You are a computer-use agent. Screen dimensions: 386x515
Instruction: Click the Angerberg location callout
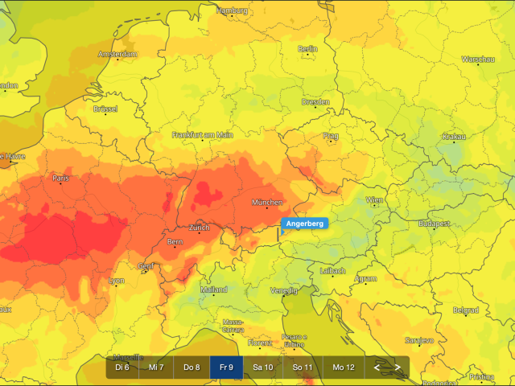click(x=303, y=224)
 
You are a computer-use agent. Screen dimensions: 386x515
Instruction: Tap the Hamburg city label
click(x=233, y=10)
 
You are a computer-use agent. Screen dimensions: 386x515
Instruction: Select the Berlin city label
click(x=308, y=49)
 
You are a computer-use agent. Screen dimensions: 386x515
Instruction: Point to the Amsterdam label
click(x=117, y=54)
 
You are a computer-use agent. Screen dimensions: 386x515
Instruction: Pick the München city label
click(x=267, y=202)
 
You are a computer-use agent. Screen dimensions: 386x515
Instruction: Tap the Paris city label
click(x=60, y=179)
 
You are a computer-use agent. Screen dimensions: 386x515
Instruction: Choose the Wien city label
click(x=375, y=199)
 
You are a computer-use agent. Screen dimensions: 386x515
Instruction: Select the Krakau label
click(x=454, y=137)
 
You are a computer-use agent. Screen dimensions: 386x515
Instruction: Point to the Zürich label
click(x=199, y=228)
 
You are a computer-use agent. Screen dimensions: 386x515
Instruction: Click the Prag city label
click(x=331, y=136)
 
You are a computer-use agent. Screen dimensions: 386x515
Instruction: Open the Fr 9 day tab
click(x=226, y=368)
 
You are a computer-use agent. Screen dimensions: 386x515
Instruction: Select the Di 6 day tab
click(x=122, y=368)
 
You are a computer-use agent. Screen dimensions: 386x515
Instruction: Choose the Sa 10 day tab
click(x=262, y=368)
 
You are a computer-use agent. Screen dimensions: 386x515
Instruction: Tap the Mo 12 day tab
click(x=344, y=368)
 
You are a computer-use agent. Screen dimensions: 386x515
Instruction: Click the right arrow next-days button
click(x=398, y=368)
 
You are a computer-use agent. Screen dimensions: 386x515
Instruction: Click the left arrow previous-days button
click(x=376, y=368)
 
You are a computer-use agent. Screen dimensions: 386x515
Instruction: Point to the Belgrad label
click(x=465, y=310)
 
